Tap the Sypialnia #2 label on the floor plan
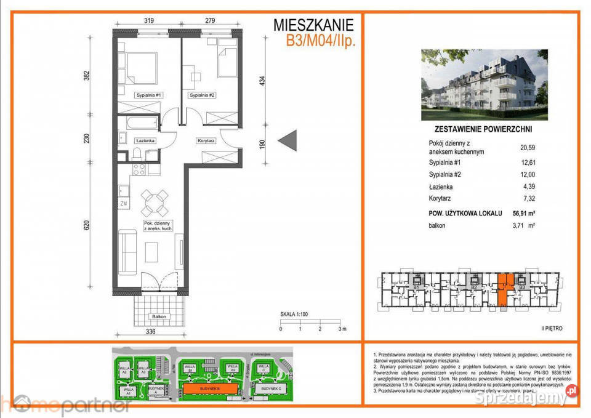point(202,95)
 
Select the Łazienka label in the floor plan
point(145,141)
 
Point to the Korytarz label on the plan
point(206,141)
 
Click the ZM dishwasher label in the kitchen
point(123,204)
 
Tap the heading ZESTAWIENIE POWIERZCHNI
point(484,129)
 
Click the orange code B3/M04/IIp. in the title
point(320,42)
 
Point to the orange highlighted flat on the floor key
point(504,291)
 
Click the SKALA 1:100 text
point(295,313)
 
